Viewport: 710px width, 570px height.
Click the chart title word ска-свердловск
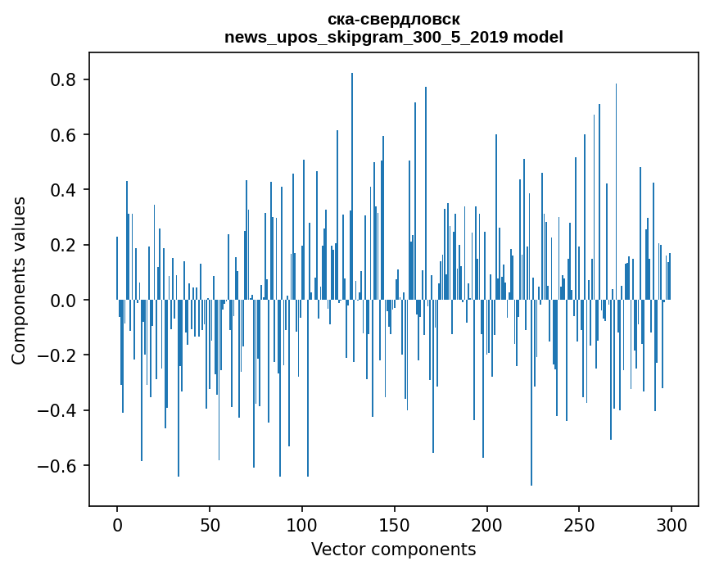coord(393,19)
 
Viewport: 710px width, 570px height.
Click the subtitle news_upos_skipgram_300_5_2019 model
coord(393,37)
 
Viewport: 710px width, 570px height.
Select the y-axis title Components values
coord(19,280)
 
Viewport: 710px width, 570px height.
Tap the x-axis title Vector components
coord(393,549)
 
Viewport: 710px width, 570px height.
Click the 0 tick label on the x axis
coord(117,524)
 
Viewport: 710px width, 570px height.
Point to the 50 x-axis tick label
coord(210,524)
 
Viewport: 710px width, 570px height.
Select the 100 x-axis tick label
coord(302,524)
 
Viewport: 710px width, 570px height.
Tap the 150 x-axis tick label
coord(395,524)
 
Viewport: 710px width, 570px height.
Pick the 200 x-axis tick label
coord(487,524)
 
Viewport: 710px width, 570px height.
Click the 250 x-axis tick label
coord(580,524)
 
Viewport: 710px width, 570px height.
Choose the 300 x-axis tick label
coord(672,524)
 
